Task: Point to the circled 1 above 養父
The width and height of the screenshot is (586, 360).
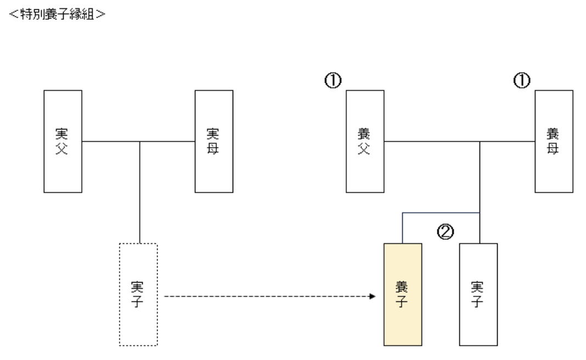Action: [x=333, y=81]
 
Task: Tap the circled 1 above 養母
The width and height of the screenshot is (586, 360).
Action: [x=522, y=81]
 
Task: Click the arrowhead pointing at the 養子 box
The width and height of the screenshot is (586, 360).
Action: [x=373, y=297]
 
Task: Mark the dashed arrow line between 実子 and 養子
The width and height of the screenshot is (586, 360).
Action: [x=263, y=297]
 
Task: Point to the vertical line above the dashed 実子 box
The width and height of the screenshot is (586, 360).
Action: [x=140, y=192]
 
